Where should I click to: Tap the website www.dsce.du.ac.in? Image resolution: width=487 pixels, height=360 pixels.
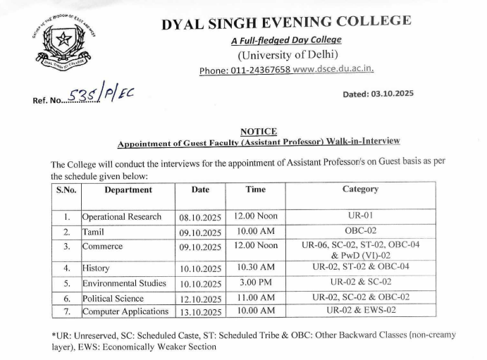[x=333, y=70]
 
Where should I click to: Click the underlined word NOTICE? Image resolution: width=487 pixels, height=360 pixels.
[x=258, y=131]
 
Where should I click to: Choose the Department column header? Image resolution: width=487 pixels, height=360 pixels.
[x=128, y=190]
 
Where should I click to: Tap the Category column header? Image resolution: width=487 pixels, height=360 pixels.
[x=360, y=190]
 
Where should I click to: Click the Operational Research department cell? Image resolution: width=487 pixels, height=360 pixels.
[x=122, y=217]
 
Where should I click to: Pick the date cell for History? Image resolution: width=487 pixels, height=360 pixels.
[x=200, y=268]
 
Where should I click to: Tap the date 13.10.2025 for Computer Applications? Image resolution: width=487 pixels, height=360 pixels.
[x=200, y=311]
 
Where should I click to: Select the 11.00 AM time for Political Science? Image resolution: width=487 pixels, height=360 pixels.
[x=255, y=297]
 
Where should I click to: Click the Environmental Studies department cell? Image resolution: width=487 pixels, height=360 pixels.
[x=124, y=283]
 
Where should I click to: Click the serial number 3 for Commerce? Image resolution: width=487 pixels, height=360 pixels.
[x=66, y=247]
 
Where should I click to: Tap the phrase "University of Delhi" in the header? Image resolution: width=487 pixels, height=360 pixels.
[x=288, y=55]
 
